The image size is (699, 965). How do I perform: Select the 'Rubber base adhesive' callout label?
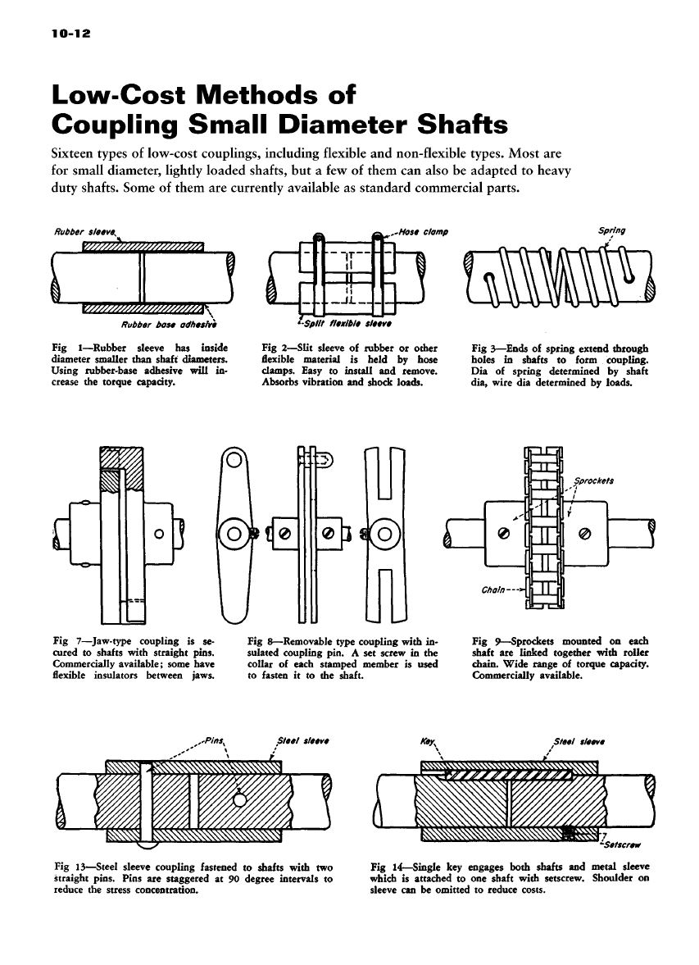tap(180, 322)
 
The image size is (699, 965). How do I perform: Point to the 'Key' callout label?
tap(426, 737)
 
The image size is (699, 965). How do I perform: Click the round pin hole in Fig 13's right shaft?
tap(240, 799)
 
